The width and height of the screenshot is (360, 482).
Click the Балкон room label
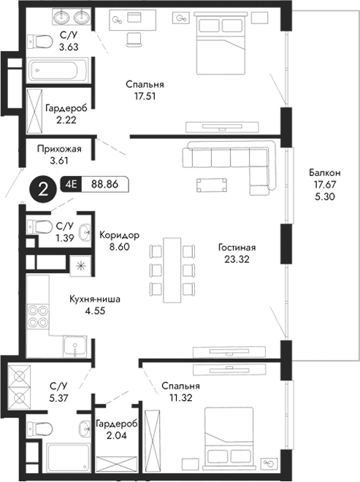point(322,172)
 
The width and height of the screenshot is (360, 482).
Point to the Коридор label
point(119,236)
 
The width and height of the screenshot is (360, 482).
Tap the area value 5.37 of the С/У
point(58,397)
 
